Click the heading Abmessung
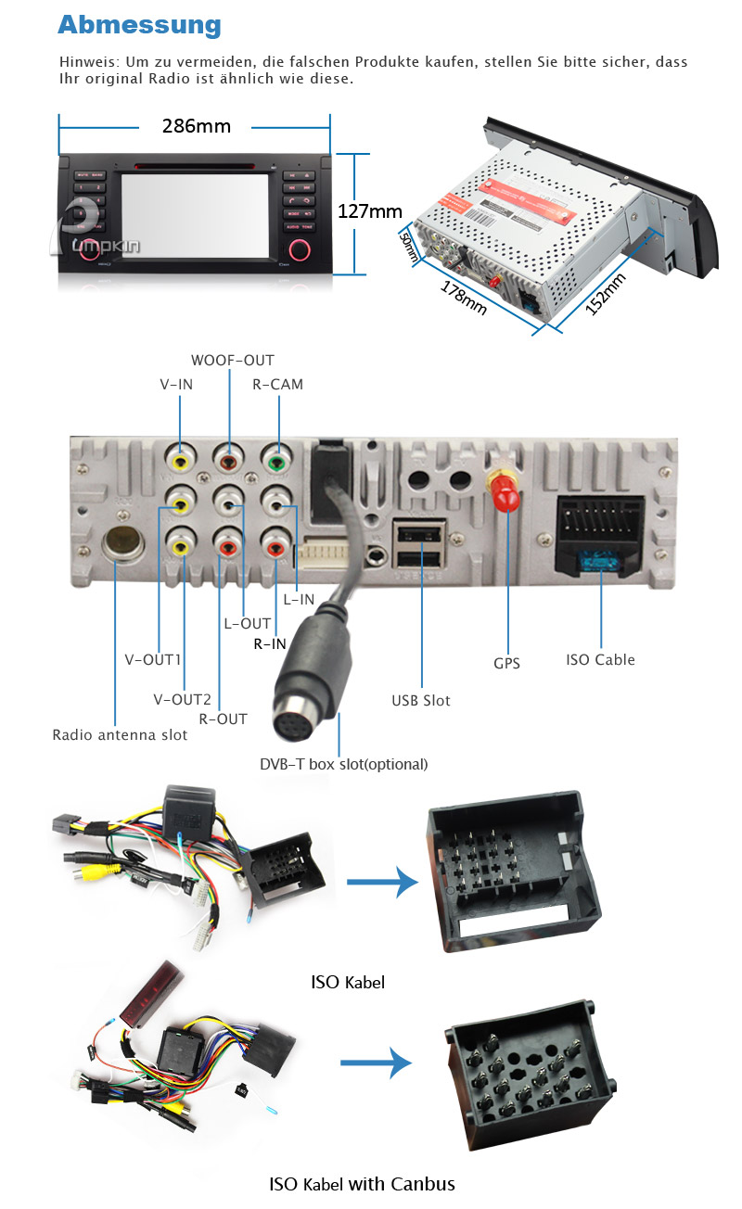[x=139, y=25]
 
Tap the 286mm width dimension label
[x=196, y=126]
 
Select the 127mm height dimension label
[x=369, y=211]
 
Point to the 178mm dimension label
[x=463, y=296]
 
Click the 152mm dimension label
[x=606, y=294]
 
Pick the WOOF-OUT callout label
[x=233, y=360]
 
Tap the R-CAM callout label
[x=277, y=384]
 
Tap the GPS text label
[x=506, y=663]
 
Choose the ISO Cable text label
[x=600, y=659]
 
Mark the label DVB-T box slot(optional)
[x=343, y=764]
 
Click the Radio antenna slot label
[x=120, y=735]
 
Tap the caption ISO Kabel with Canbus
[x=362, y=1183]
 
